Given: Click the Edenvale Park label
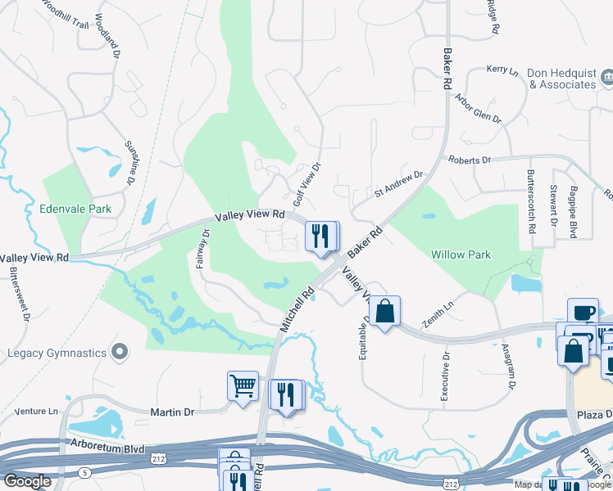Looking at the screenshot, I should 75,209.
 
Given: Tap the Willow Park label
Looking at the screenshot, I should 461,255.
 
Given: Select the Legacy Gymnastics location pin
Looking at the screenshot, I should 120,353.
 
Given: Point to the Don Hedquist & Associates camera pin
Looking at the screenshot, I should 606,77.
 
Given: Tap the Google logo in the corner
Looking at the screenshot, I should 28,481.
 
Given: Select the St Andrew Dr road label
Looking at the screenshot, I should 397,184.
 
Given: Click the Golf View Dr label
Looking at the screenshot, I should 306,184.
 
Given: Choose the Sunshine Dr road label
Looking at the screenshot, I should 131,160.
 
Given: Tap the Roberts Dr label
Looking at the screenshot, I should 468,160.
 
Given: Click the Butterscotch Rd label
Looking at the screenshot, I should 531,201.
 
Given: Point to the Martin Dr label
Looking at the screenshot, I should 171,412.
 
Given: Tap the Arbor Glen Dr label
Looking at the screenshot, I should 477,107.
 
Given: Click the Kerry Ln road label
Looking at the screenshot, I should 502,72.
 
